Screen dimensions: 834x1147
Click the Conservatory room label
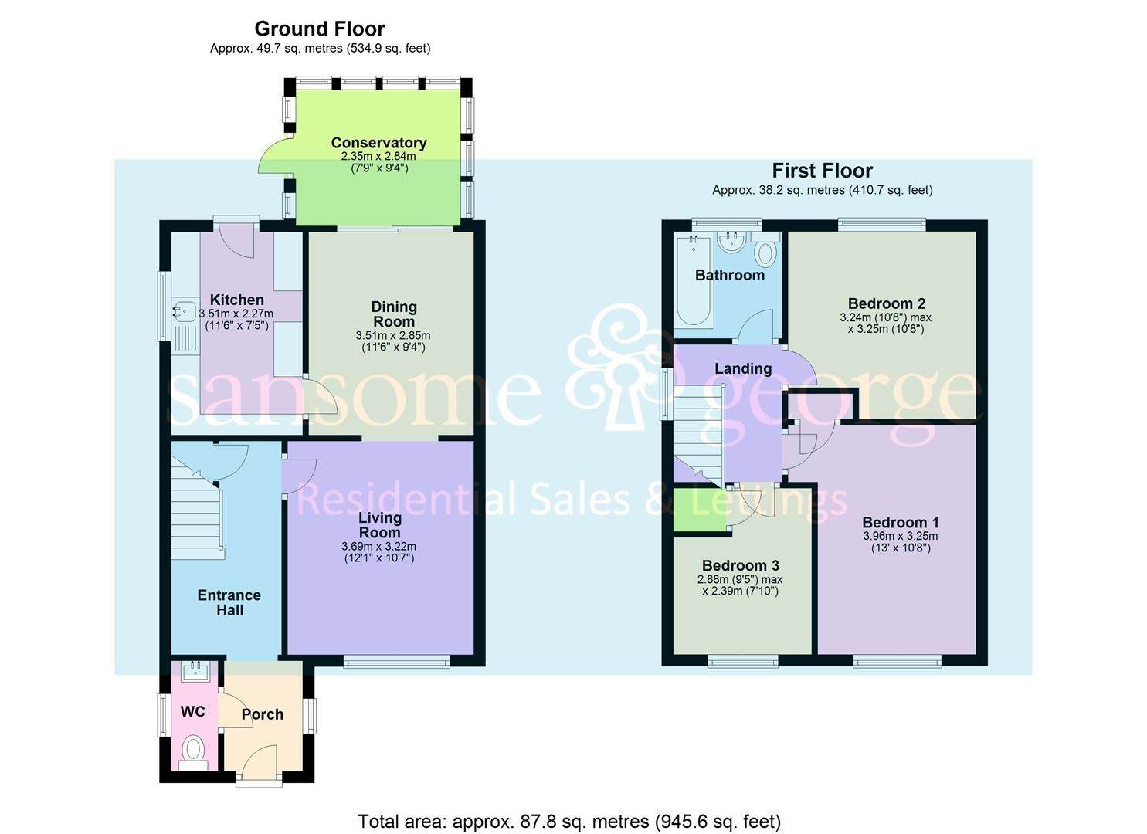(x=378, y=143)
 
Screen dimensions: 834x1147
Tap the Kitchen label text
(x=237, y=300)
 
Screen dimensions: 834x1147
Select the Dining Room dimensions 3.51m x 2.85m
(x=393, y=336)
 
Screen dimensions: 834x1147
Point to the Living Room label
(x=379, y=525)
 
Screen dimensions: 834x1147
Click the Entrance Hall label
(x=229, y=602)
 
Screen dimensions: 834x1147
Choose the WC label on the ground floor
(x=192, y=711)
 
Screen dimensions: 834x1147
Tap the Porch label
(x=262, y=714)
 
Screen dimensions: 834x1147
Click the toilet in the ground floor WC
(x=192, y=750)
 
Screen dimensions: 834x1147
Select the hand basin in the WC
(x=193, y=670)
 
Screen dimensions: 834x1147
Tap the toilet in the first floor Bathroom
(x=765, y=253)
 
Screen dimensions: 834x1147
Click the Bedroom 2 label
(x=886, y=303)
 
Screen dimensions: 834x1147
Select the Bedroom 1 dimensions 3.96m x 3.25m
(x=900, y=536)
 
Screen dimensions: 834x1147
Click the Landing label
(x=742, y=369)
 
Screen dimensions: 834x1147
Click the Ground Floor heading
(x=320, y=29)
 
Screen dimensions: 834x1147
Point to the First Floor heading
(x=822, y=171)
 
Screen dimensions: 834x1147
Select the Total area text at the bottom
(x=569, y=821)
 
